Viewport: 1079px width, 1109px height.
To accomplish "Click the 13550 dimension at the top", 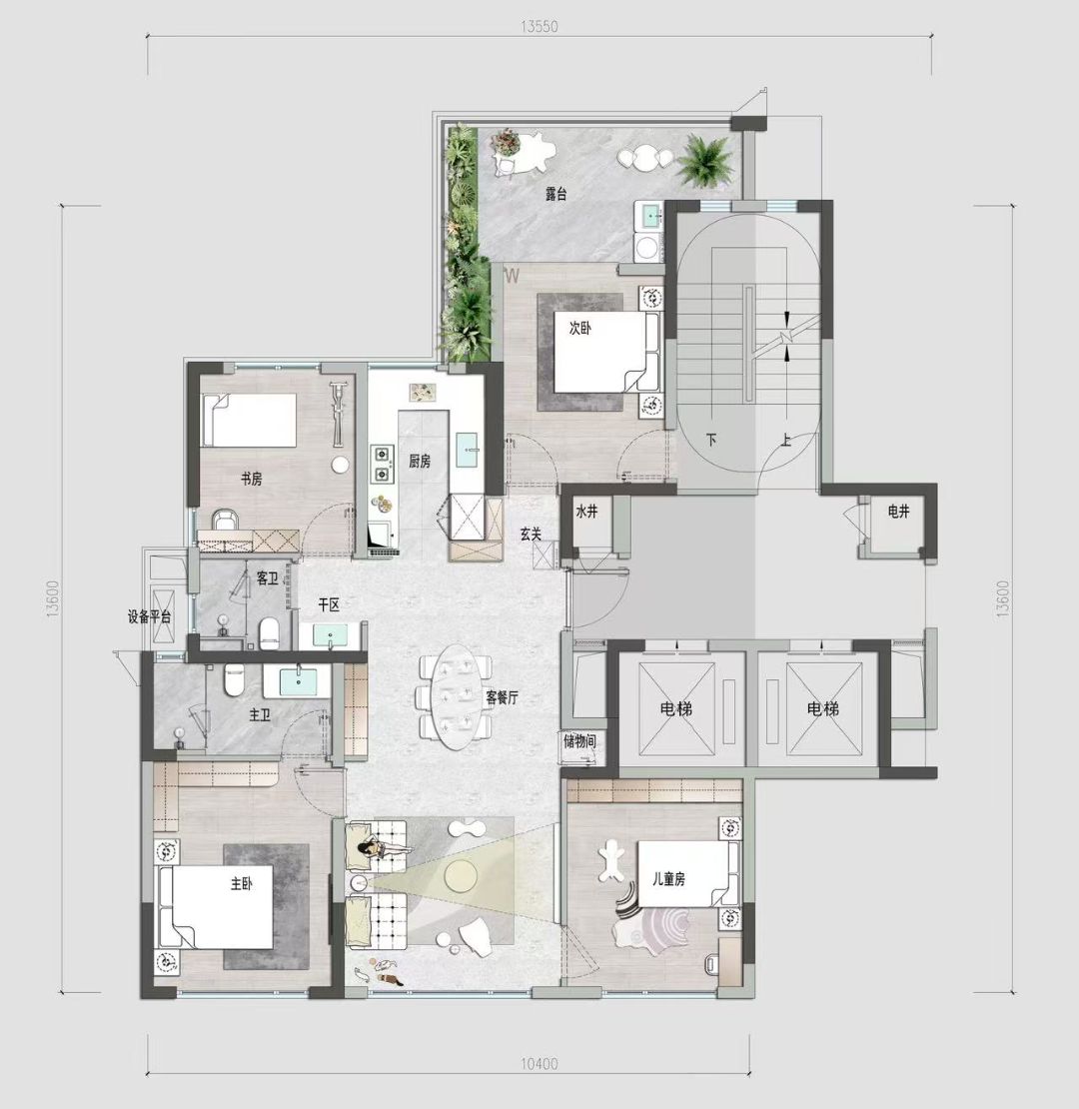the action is pos(539,27).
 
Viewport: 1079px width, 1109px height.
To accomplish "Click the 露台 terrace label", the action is pos(556,194).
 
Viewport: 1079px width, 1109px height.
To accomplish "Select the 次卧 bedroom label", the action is pos(579,328).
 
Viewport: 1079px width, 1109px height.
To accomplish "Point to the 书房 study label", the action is pos(251,480).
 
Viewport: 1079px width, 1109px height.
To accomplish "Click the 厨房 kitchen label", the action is pos(420,462).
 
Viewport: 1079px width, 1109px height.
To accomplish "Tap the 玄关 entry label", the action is pos(532,534).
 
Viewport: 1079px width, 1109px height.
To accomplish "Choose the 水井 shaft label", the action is pos(586,512).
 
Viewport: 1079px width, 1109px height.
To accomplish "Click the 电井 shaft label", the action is pos(899,512).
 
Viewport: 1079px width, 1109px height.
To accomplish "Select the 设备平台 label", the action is pos(149,616).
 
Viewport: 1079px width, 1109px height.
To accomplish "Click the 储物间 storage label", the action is pos(579,741).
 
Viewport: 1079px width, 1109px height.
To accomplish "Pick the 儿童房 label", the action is pos(669,879).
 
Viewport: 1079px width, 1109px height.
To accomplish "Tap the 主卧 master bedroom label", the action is pos(241,883).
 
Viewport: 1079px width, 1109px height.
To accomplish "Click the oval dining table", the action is pos(454,696).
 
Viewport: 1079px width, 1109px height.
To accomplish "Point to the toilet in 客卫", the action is pos(270,633).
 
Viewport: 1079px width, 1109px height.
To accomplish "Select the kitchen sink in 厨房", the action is pos(469,450).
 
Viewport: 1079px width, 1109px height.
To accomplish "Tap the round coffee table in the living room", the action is pos(460,876).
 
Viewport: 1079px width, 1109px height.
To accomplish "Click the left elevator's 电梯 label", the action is pos(676,708).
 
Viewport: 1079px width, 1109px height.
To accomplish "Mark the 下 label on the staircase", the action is pos(711,440).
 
